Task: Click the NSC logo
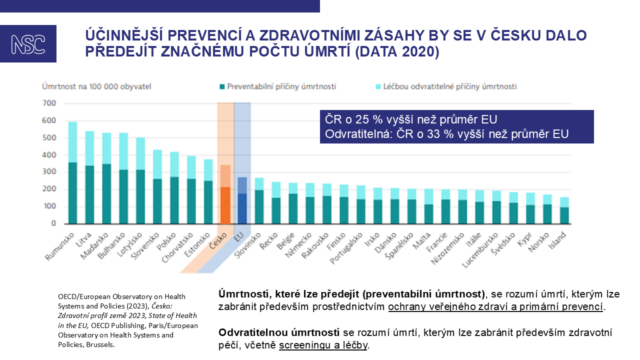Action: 28,44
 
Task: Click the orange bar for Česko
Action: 225,205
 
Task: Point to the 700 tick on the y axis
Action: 49,103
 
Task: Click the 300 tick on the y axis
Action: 49,172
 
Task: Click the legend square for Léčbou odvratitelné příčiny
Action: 378,87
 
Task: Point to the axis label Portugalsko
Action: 347,247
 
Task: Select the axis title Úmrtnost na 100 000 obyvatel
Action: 96,86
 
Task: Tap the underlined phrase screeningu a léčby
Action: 323,345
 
